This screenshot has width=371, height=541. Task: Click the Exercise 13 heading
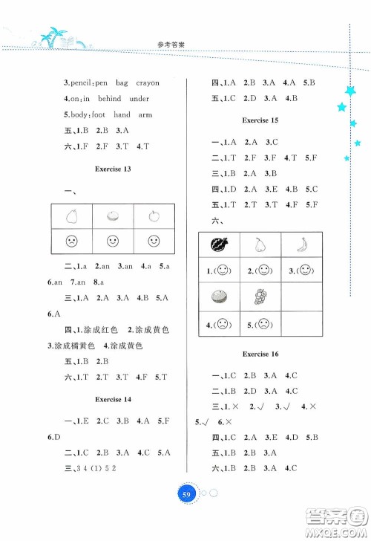[113, 169]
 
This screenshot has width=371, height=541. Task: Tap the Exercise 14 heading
[113, 400]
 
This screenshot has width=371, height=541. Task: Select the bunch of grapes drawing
[260, 297]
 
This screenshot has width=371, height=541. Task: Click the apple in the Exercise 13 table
[154, 216]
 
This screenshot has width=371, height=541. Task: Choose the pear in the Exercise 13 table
[71, 216]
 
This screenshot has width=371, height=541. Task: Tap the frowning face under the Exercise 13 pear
[71, 242]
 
